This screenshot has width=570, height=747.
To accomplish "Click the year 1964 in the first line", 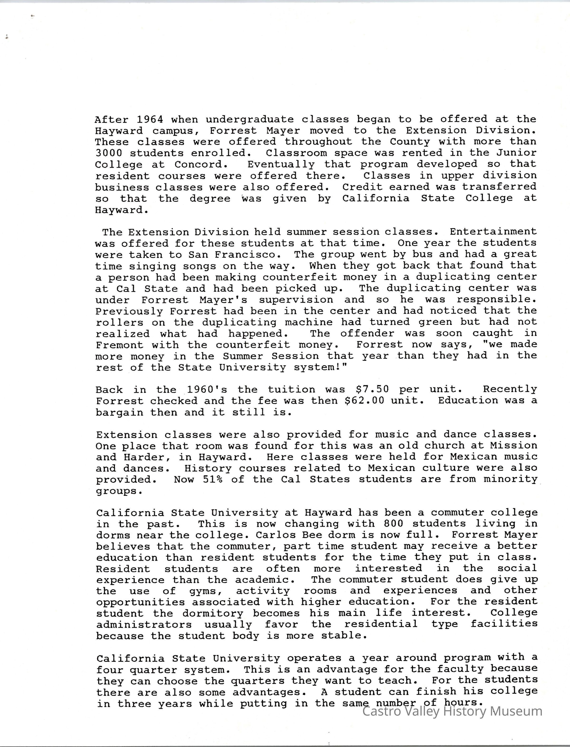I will pyautogui.click(x=150, y=119).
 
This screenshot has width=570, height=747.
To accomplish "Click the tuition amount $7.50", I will pyautogui.click(x=372, y=389).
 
